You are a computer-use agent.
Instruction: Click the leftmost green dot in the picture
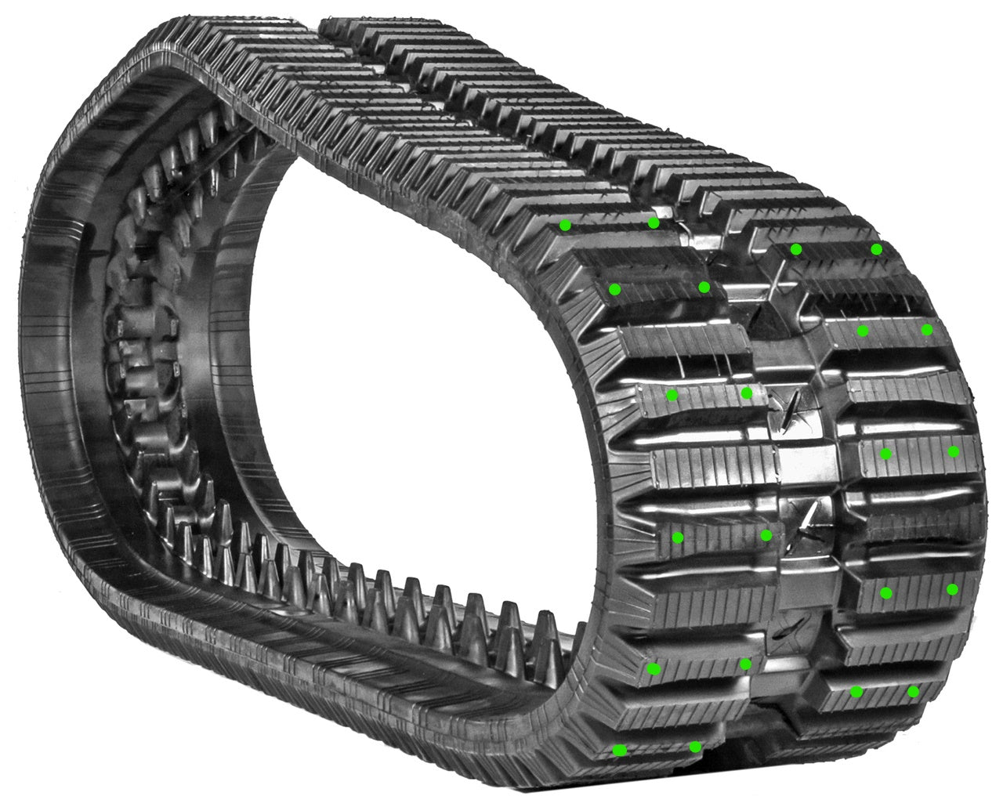[x=565, y=226]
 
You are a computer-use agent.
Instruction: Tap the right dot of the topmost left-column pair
[x=654, y=223]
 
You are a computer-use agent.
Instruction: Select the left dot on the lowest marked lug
[x=620, y=751]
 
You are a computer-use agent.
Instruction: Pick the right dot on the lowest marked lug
[x=695, y=747]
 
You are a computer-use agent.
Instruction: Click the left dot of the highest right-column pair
[x=796, y=249]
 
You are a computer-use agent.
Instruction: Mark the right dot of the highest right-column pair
[x=876, y=249]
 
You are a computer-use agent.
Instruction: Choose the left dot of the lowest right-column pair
[x=856, y=692]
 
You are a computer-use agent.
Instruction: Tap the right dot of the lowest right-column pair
[x=914, y=691]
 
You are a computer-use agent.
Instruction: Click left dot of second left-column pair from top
[x=615, y=289]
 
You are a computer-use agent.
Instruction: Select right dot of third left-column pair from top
[x=747, y=393]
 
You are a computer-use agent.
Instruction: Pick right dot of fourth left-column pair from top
[x=766, y=535]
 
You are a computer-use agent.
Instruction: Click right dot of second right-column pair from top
[x=927, y=330]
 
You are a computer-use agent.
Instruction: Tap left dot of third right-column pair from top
[x=886, y=454]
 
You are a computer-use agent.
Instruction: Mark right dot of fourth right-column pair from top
[x=953, y=589]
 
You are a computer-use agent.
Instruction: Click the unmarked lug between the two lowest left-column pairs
[x=690, y=709]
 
